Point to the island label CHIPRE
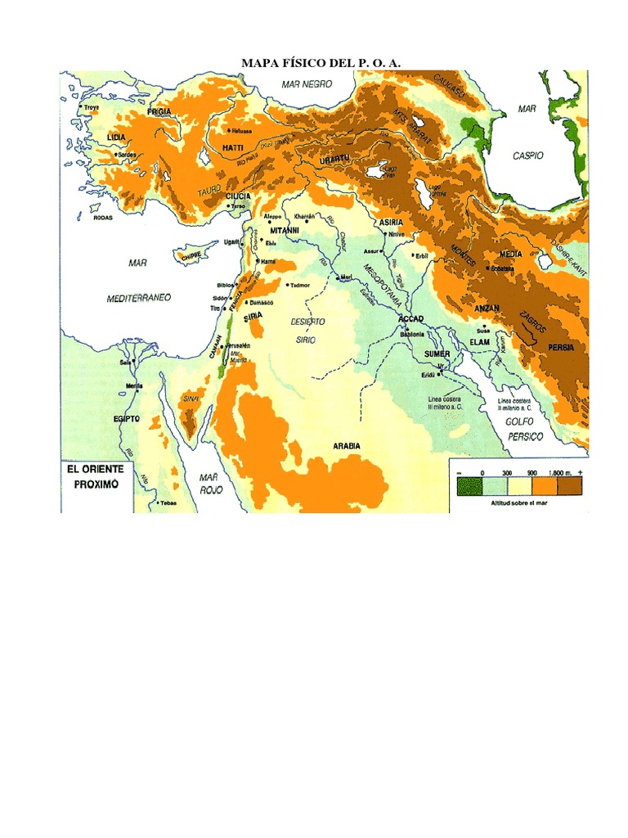(191, 255)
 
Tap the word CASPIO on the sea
(527, 155)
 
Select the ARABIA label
(347, 446)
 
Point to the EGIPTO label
(128, 419)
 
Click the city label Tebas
(168, 502)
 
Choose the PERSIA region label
(561, 347)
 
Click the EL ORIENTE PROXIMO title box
(96, 476)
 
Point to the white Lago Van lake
(378, 173)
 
